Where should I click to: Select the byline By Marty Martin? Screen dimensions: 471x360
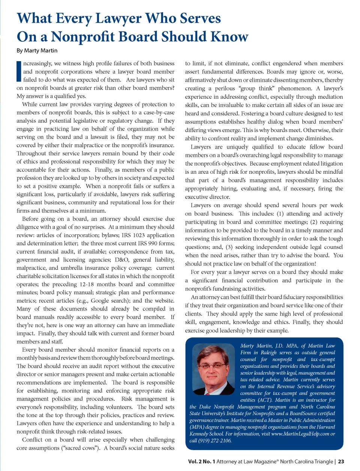[x=37, y=50]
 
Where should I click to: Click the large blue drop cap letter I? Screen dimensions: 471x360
[x=19, y=71]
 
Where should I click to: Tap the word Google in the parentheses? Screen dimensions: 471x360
[x=100, y=301]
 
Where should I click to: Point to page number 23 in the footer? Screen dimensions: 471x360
[x=341, y=462]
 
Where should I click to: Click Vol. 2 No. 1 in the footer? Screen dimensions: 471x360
[x=201, y=462]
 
